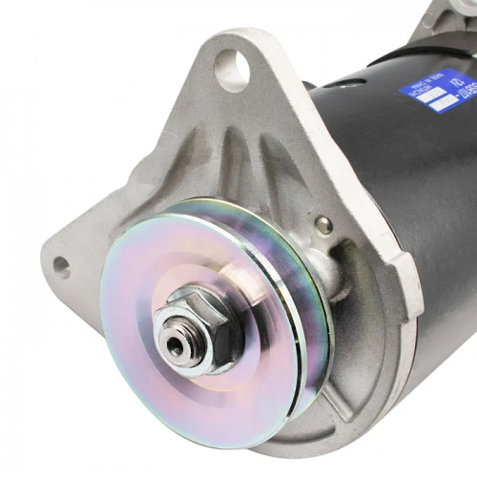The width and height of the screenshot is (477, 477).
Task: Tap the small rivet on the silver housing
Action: (324, 224)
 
